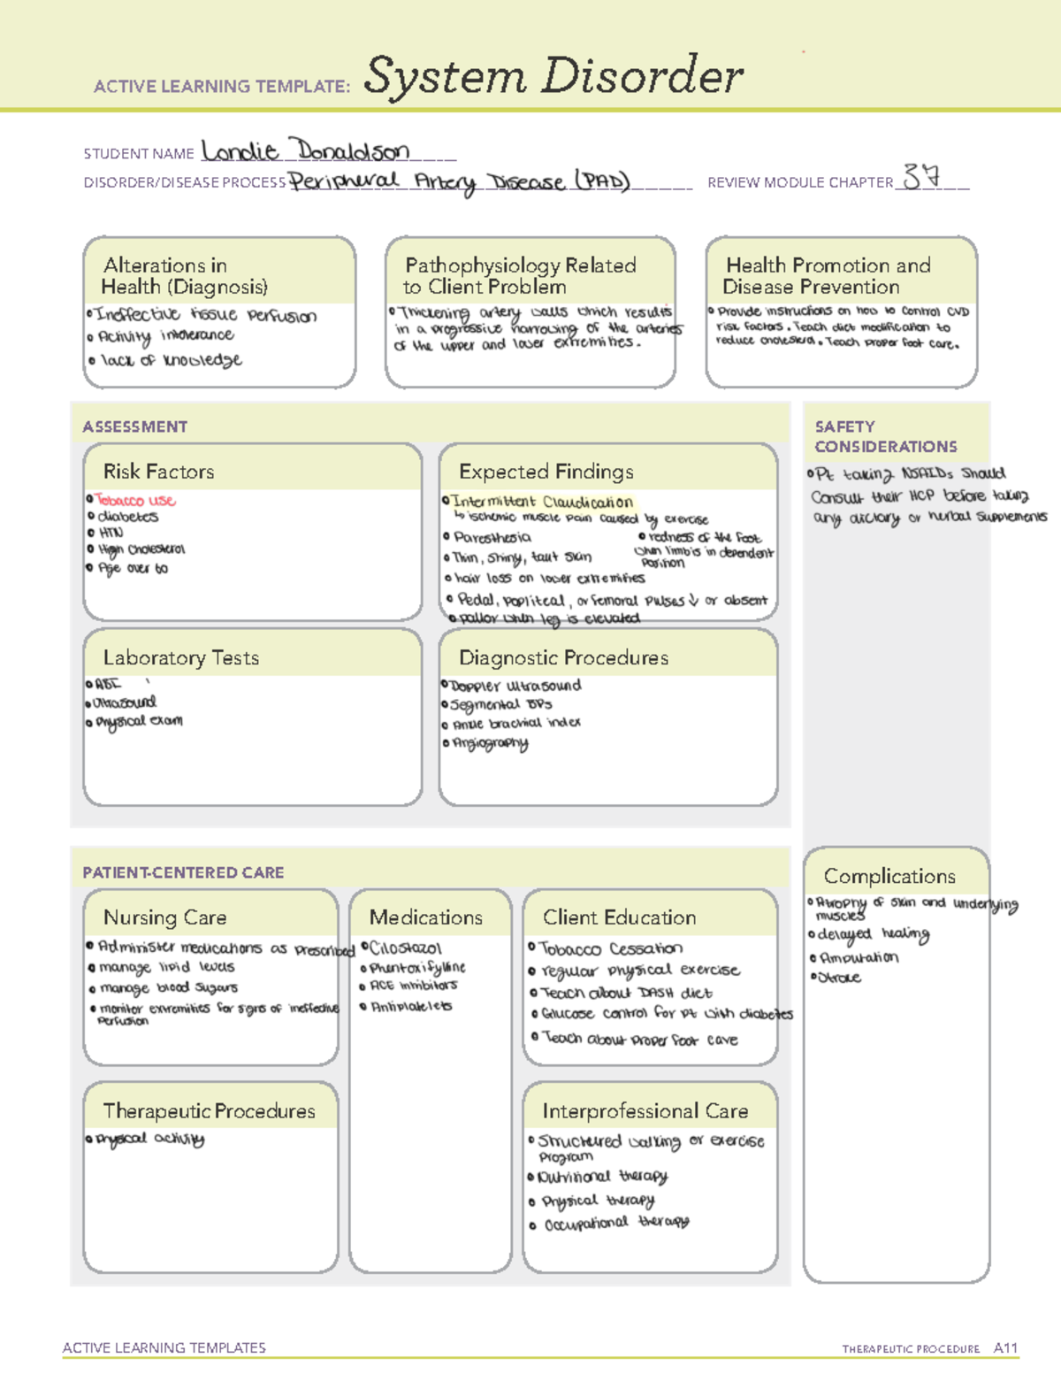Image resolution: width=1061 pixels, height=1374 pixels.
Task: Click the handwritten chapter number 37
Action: [921, 178]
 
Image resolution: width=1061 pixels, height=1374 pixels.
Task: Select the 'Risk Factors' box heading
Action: [159, 472]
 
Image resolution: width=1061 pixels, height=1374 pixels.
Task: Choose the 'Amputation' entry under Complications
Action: [859, 957]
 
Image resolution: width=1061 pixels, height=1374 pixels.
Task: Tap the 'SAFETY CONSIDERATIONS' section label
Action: [885, 437]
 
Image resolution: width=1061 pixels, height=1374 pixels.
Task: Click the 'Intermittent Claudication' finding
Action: [542, 502]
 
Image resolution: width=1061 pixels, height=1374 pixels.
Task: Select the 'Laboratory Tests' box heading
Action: [181, 657]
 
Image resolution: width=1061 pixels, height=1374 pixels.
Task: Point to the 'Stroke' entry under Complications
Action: [840, 978]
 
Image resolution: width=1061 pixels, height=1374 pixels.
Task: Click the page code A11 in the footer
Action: [1005, 1347]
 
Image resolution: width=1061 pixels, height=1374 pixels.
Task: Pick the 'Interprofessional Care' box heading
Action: [645, 1110]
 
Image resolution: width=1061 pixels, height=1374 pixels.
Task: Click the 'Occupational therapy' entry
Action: [616, 1224]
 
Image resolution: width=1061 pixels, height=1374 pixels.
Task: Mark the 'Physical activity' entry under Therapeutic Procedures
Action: [150, 1139]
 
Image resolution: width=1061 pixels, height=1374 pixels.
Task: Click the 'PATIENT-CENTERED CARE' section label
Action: [183, 872]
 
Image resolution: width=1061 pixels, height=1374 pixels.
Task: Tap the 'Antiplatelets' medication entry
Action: [411, 1006]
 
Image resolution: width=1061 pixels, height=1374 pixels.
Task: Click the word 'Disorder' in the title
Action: [643, 76]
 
